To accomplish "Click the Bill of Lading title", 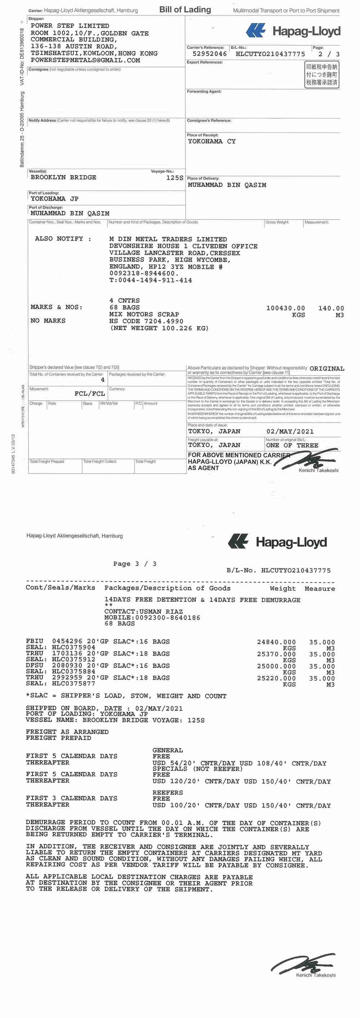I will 185,9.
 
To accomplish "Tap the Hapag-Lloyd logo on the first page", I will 293,31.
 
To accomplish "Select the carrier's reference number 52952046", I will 210,54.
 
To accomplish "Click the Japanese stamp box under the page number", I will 321,74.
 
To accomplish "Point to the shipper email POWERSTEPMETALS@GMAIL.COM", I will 85,60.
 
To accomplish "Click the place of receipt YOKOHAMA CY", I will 211,141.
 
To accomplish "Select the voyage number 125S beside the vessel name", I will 174,178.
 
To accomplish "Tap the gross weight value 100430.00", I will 285,308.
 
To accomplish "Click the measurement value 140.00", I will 331,308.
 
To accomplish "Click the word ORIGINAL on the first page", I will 327,369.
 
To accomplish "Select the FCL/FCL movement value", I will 90,393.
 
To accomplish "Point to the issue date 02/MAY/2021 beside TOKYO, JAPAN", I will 290,432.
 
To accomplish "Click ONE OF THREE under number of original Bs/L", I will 292,445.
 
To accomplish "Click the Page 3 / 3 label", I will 134,564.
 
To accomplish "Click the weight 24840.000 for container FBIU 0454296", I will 276,642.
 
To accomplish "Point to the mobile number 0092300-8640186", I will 167,618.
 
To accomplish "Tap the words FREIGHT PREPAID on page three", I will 58,738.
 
